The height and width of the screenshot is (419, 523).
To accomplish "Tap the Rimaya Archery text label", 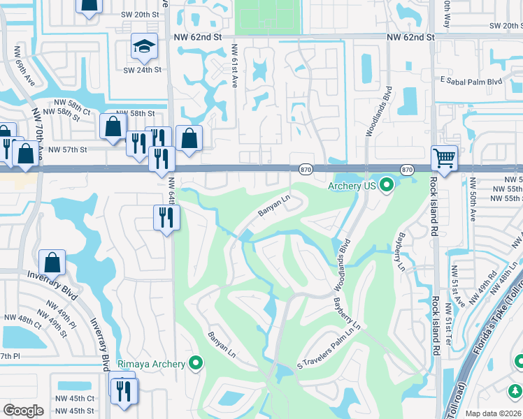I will (157, 363).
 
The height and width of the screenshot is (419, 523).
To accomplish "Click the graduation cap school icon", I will (143, 47).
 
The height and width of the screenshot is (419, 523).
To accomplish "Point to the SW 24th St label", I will (143, 70).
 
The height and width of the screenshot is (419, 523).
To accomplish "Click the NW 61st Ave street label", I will (234, 66).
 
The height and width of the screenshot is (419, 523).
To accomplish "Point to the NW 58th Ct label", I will (66, 111).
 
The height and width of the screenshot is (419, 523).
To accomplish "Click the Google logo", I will (23, 411).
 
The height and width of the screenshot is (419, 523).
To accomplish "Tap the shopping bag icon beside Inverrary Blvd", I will (52, 263).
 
